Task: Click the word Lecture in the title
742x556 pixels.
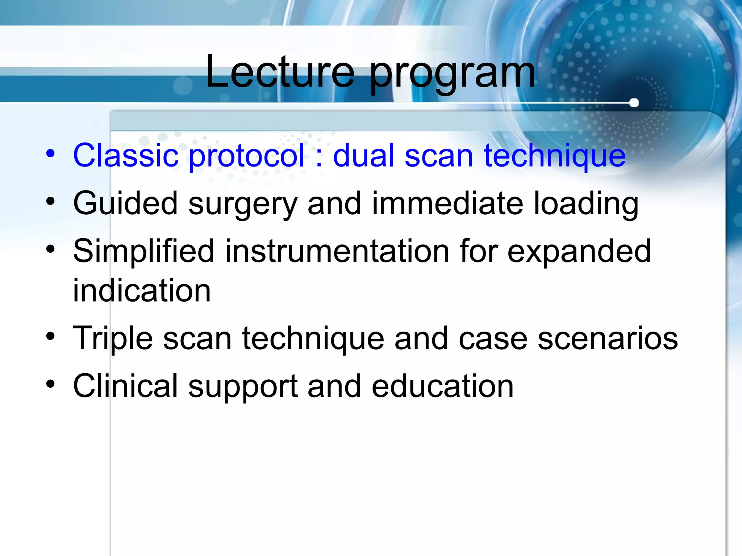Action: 280,72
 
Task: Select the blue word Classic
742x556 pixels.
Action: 126,156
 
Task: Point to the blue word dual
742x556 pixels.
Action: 363,156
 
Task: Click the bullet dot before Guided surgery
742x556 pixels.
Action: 50,201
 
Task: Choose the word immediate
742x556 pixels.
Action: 447,203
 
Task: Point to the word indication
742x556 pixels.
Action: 142,291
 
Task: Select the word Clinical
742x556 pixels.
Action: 125,386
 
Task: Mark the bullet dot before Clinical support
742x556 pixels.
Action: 50,384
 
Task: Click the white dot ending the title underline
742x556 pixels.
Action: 634,103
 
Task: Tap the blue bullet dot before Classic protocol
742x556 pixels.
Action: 50,153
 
